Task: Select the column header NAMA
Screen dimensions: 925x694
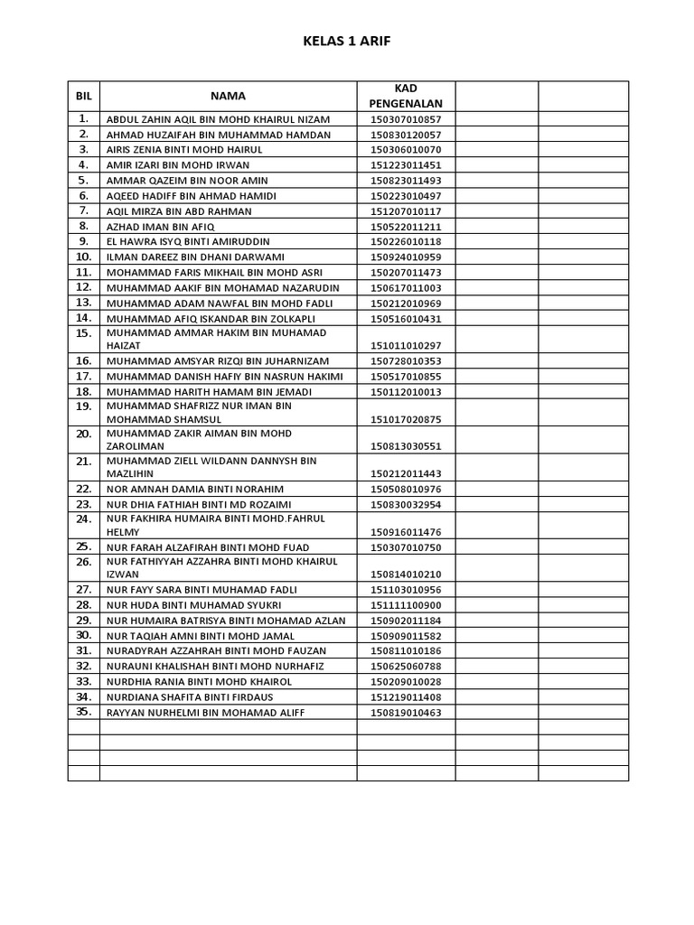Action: click(228, 96)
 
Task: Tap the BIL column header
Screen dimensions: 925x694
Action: click(84, 96)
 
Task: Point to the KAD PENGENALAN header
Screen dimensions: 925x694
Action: click(406, 96)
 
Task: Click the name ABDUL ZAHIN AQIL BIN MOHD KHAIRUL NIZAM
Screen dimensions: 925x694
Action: click(219, 119)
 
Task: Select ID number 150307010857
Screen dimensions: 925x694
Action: click(406, 119)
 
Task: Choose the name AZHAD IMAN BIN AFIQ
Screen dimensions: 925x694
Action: click(164, 227)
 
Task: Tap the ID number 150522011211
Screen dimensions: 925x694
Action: click(406, 227)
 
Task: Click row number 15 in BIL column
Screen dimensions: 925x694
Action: click(84, 333)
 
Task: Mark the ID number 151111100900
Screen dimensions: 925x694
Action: click(406, 604)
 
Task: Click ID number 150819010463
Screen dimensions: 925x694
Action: click(406, 713)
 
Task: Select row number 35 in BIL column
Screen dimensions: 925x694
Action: click(84, 712)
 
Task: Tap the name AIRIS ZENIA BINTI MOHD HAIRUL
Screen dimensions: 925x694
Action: click(184, 150)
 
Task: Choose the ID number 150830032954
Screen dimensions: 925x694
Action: click(406, 504)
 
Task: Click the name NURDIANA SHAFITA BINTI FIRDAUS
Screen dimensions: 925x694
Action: click(190, 697)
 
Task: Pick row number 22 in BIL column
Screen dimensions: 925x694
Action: click(84, 488)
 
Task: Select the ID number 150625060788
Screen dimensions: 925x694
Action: click(406, 667)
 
